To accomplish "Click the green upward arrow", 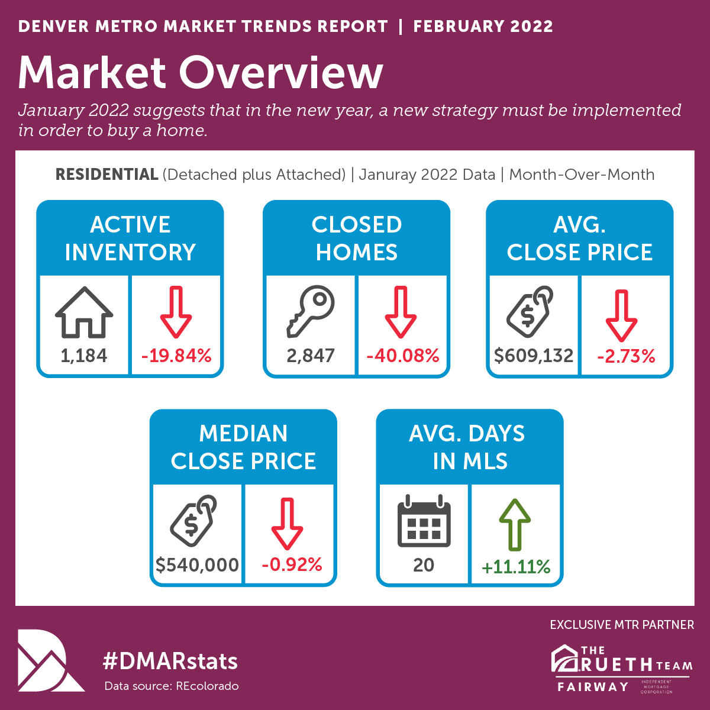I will (515, 524).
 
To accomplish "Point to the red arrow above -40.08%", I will (401, 312).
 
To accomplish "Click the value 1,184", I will (84, 356).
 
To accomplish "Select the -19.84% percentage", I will (176, 356).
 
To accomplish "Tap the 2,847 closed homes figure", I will (311, 356).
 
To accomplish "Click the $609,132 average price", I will (534, 356).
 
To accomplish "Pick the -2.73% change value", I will (626, 356).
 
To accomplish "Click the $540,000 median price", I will (197, 564).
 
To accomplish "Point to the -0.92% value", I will (292, 564).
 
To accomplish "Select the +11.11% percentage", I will (516, 567).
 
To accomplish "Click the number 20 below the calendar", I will (424, 565).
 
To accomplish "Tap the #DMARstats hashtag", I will (170, 661).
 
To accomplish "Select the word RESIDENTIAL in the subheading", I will (106, 175).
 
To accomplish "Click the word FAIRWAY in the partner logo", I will (592, 686).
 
